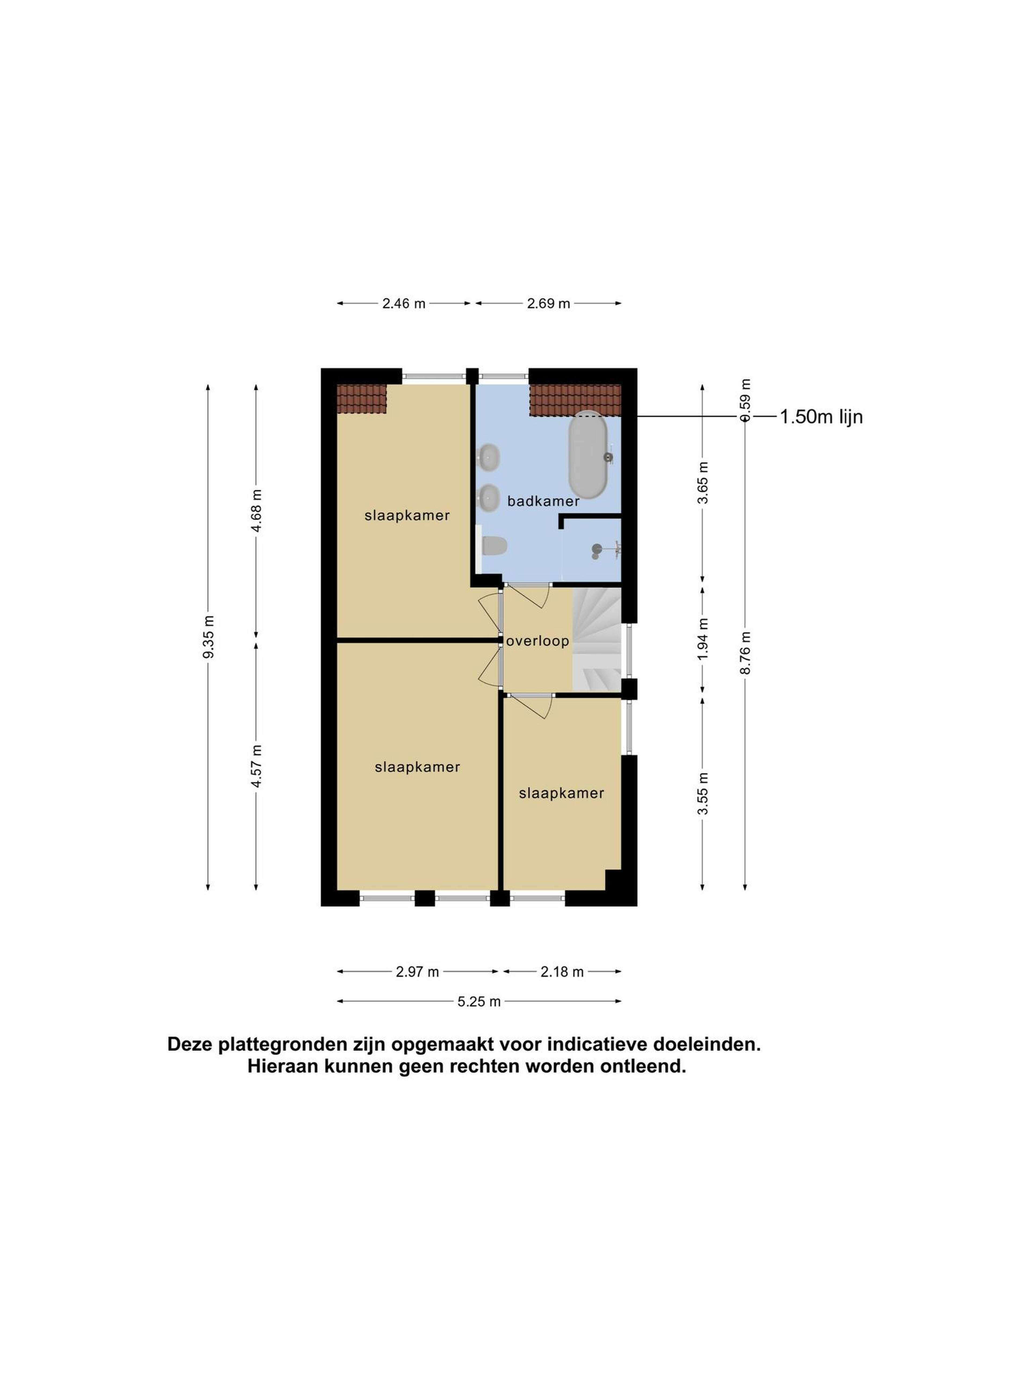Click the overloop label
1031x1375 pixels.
[538, 641]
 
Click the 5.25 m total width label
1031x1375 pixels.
[479, 1001]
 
